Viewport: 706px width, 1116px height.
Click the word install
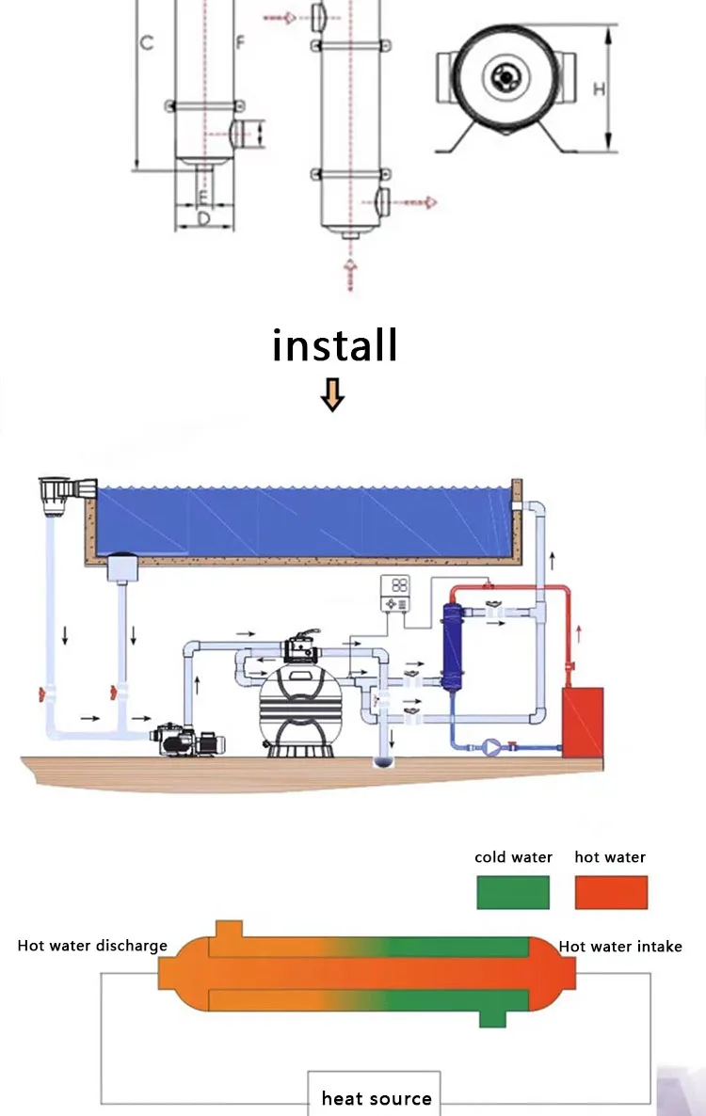tap(335, 345)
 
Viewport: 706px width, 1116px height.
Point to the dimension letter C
tap(146, 42)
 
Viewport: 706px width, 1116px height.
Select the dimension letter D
tap(201, 218)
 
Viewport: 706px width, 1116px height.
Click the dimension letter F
tap(240, 42)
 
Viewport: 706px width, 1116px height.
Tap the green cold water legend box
tap(513, 891)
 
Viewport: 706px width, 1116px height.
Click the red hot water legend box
tap(611, 891)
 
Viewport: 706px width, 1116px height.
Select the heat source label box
tap(375, 1098)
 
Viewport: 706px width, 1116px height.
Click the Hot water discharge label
tap(92, 946)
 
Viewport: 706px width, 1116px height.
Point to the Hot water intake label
tap(620, 946)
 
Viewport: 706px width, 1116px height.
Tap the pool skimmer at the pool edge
tap(66, 490)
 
